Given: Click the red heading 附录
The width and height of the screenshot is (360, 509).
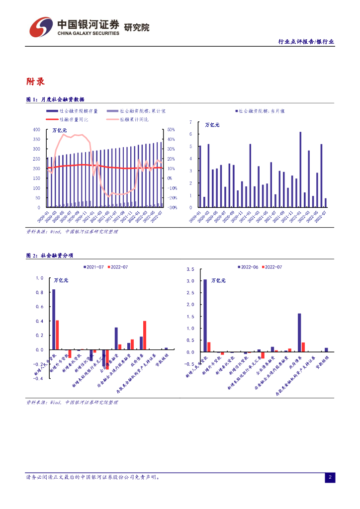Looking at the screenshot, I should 35,82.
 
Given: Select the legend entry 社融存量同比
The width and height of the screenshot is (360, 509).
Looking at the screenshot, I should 74,119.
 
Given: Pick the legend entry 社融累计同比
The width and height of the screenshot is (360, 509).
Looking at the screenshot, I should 134,119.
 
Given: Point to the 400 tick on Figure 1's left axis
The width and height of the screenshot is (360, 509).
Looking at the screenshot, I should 36,129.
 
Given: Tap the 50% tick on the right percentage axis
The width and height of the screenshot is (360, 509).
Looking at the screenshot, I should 170,129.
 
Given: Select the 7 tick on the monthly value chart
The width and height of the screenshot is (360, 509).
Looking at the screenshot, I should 190,122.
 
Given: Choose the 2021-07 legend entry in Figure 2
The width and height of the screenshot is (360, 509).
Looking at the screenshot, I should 94,267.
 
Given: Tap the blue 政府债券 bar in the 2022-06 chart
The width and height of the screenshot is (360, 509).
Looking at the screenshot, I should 299,333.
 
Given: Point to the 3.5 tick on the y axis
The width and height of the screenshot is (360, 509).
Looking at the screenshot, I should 190,269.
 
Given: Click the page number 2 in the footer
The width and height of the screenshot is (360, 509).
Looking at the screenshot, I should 330,478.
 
